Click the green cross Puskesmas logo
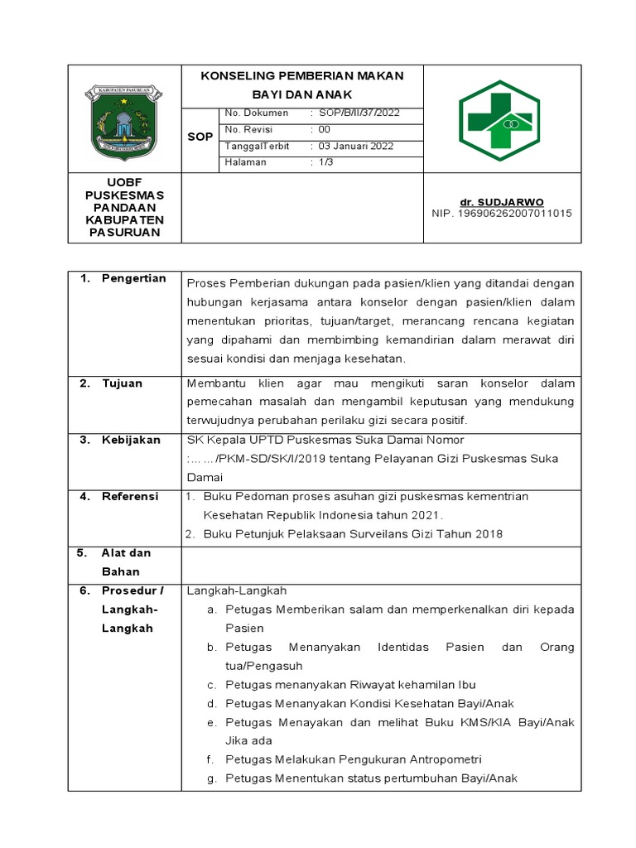(499, 121)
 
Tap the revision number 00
(325, 130)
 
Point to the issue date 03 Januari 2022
(356, 147)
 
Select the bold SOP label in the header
(200, 137)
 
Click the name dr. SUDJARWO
(502, 202)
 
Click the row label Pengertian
(133, 278)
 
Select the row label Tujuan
(122, 383)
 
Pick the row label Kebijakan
(131, 440)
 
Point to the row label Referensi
(130, 496)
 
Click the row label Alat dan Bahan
(126, 562)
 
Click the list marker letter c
(211, 685)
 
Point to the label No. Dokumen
(257, 113)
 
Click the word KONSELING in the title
(235, 76)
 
